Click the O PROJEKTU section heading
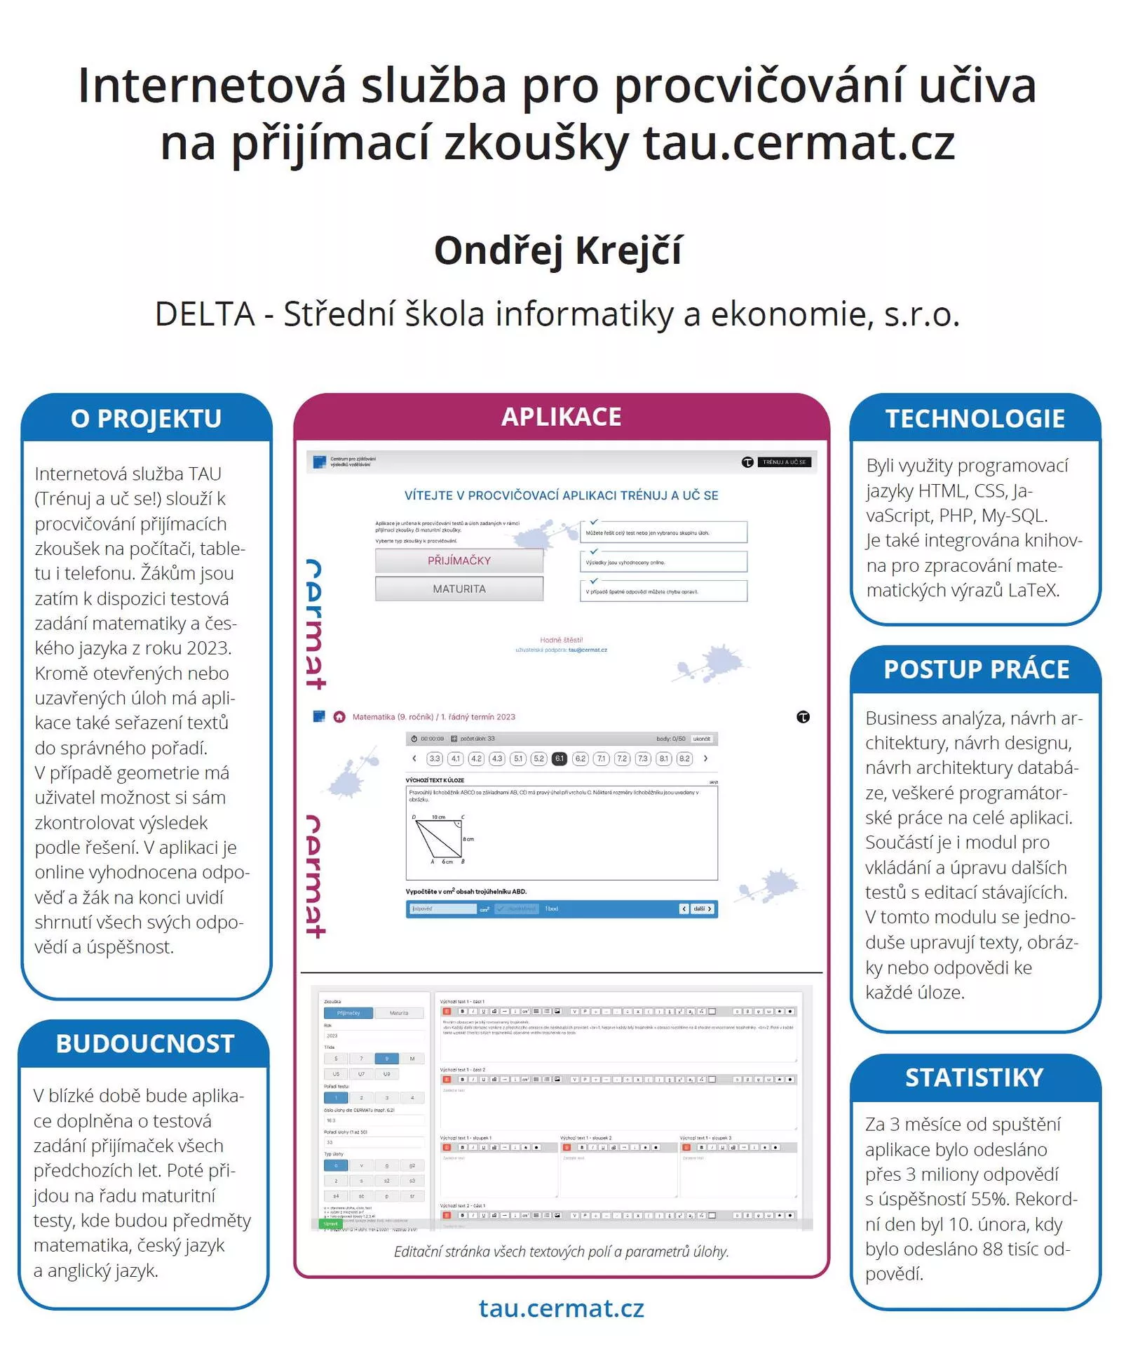(146, 419)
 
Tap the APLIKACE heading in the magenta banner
(561, 417)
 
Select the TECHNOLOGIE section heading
(975, 419)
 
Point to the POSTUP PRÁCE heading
(976, 669)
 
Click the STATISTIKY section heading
(975, 1078)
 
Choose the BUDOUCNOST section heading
(145, 1044)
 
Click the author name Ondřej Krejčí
(557, 250)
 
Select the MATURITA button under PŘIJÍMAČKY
(459, 589)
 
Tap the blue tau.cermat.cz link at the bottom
(561, 1308)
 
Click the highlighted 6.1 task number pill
(559, 758)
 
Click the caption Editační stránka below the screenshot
(561, 1252)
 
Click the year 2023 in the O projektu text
(207, 648)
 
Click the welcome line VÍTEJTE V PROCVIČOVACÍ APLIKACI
(561, 495)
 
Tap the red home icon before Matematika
(339, 717)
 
